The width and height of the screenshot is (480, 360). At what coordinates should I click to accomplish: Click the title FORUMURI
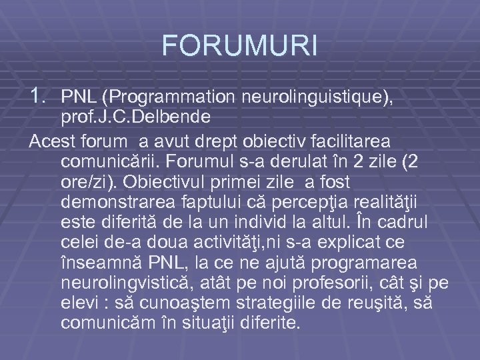click(239, 46)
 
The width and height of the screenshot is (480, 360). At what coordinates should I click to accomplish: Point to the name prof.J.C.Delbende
click(126, 118)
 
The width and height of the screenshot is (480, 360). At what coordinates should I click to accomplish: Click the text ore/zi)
click(90, 183)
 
